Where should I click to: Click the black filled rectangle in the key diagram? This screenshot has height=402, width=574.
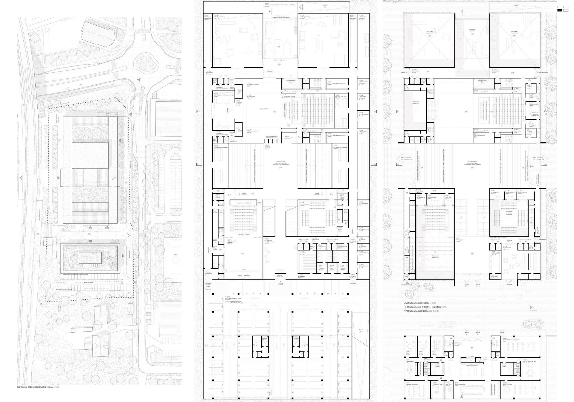[x=560, y=10]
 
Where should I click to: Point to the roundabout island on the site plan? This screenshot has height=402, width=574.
[x=146, y=63]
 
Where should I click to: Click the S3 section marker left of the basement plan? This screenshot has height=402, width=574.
[x=198, y=164]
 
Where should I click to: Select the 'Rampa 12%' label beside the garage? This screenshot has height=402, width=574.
[x=361, y=331]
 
